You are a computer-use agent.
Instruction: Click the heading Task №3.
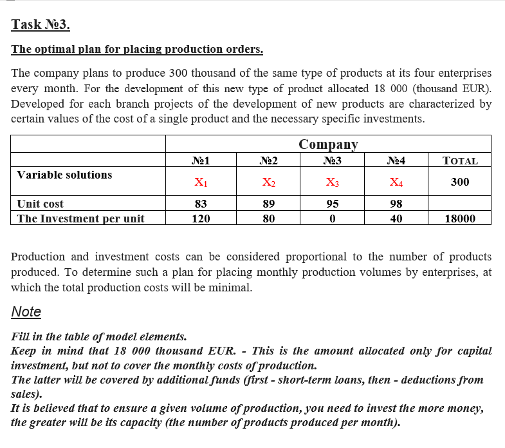click(41, 25)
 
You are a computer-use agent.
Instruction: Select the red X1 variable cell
click(201, 182)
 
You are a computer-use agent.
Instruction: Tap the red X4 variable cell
click(396, 182)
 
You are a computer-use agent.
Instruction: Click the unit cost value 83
click(201, 204)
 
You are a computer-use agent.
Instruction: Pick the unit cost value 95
click(332, 204)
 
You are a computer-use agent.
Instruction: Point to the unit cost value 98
click(396, 204)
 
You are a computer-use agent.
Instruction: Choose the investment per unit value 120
click(201, 219)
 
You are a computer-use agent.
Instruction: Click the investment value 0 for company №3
click(332, 219)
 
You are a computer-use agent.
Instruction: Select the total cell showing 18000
click(460, 219)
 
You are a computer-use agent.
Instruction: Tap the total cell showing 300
click(460, 182)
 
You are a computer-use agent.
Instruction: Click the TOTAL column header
click(460, 161)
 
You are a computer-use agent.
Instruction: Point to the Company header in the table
click(328, 144)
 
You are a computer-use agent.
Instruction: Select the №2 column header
click(269, 161)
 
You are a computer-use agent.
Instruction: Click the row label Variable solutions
click(64, 175)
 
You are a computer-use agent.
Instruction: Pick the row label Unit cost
click(40, 204)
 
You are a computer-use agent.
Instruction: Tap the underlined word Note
click(26, 312)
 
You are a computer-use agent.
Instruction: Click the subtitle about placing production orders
click(137, 50)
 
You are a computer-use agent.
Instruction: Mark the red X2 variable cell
click(269, 182)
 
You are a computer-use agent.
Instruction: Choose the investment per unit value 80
click(269, 219)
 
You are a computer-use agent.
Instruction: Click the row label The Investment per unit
click(80, 219)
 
